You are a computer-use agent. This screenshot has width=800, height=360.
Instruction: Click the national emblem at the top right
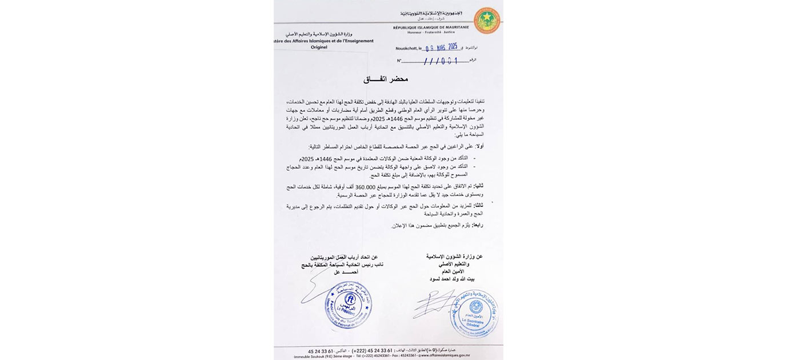pos(486,21)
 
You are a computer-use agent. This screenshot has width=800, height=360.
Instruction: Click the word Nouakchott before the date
pos(407,49)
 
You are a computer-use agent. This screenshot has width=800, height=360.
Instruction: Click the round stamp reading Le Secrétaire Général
pos(474,314)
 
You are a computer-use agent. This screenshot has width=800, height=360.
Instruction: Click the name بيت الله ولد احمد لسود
pos(455,279)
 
